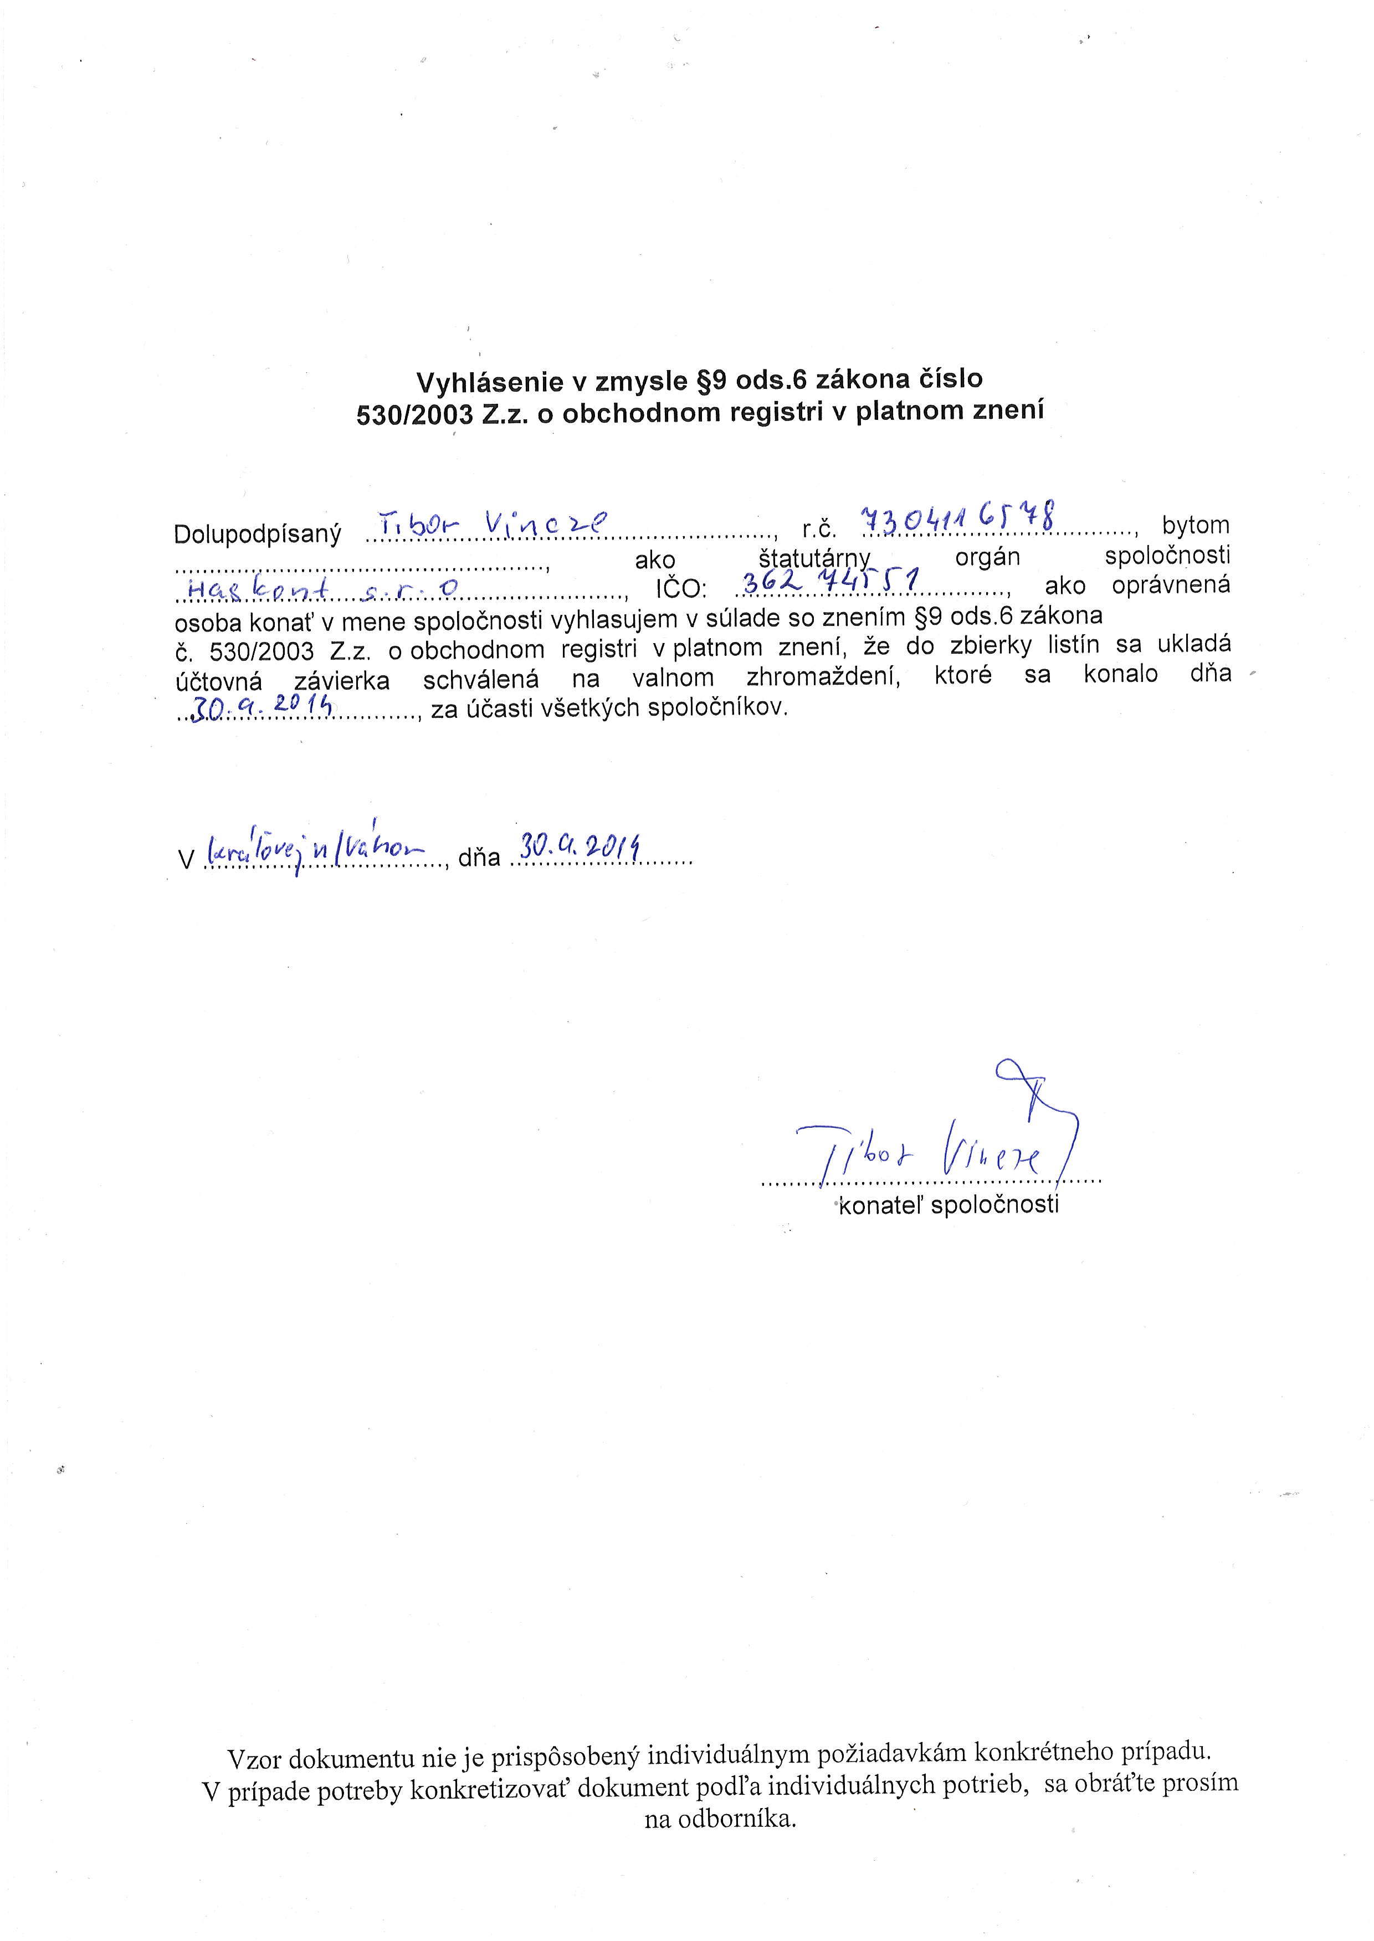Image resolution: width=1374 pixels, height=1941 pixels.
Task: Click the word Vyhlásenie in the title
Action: tap(489, 382)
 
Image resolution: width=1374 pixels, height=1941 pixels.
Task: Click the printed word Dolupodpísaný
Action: tap(257, 535)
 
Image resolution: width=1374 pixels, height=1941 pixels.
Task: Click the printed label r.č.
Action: tap(819, 530)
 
